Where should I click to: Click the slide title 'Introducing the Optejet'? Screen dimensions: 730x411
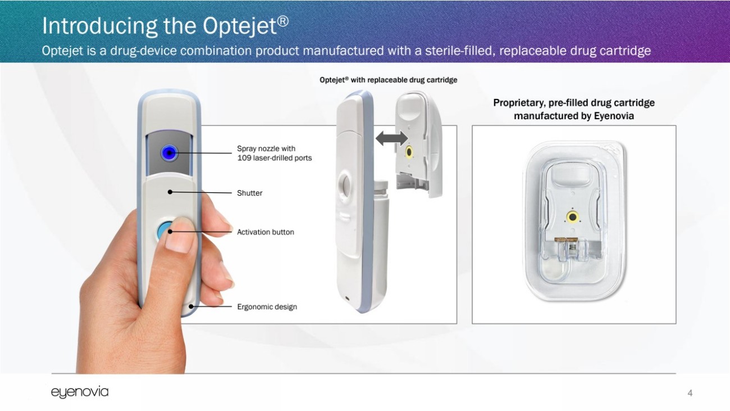(165, 25)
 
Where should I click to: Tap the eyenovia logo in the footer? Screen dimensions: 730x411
(80, 392)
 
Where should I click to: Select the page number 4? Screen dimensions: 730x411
(690, 393)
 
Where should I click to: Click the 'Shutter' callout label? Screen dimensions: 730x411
(249, 193)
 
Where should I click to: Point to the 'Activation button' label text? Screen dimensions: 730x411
(265, 232)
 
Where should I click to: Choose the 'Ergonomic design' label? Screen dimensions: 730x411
(267, 306)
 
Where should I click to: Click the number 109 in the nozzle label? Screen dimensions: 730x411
(244, 158)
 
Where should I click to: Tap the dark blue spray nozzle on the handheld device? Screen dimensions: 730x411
(169, 153)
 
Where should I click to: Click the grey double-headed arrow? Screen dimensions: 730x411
(391, 138)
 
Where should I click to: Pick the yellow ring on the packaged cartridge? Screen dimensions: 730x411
(572, 217)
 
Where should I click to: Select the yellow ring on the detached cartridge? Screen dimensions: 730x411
(408, 152)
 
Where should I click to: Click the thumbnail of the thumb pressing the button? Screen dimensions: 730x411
(179, 236)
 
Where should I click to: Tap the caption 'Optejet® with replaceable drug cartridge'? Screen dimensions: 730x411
(388, 80)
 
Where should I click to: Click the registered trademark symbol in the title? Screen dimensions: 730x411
(283, 21)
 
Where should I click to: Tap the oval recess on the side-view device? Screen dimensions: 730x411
(345, 184)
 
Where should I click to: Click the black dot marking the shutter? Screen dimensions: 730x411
(170, 192)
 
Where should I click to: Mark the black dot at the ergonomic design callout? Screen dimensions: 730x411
(191, 306)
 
